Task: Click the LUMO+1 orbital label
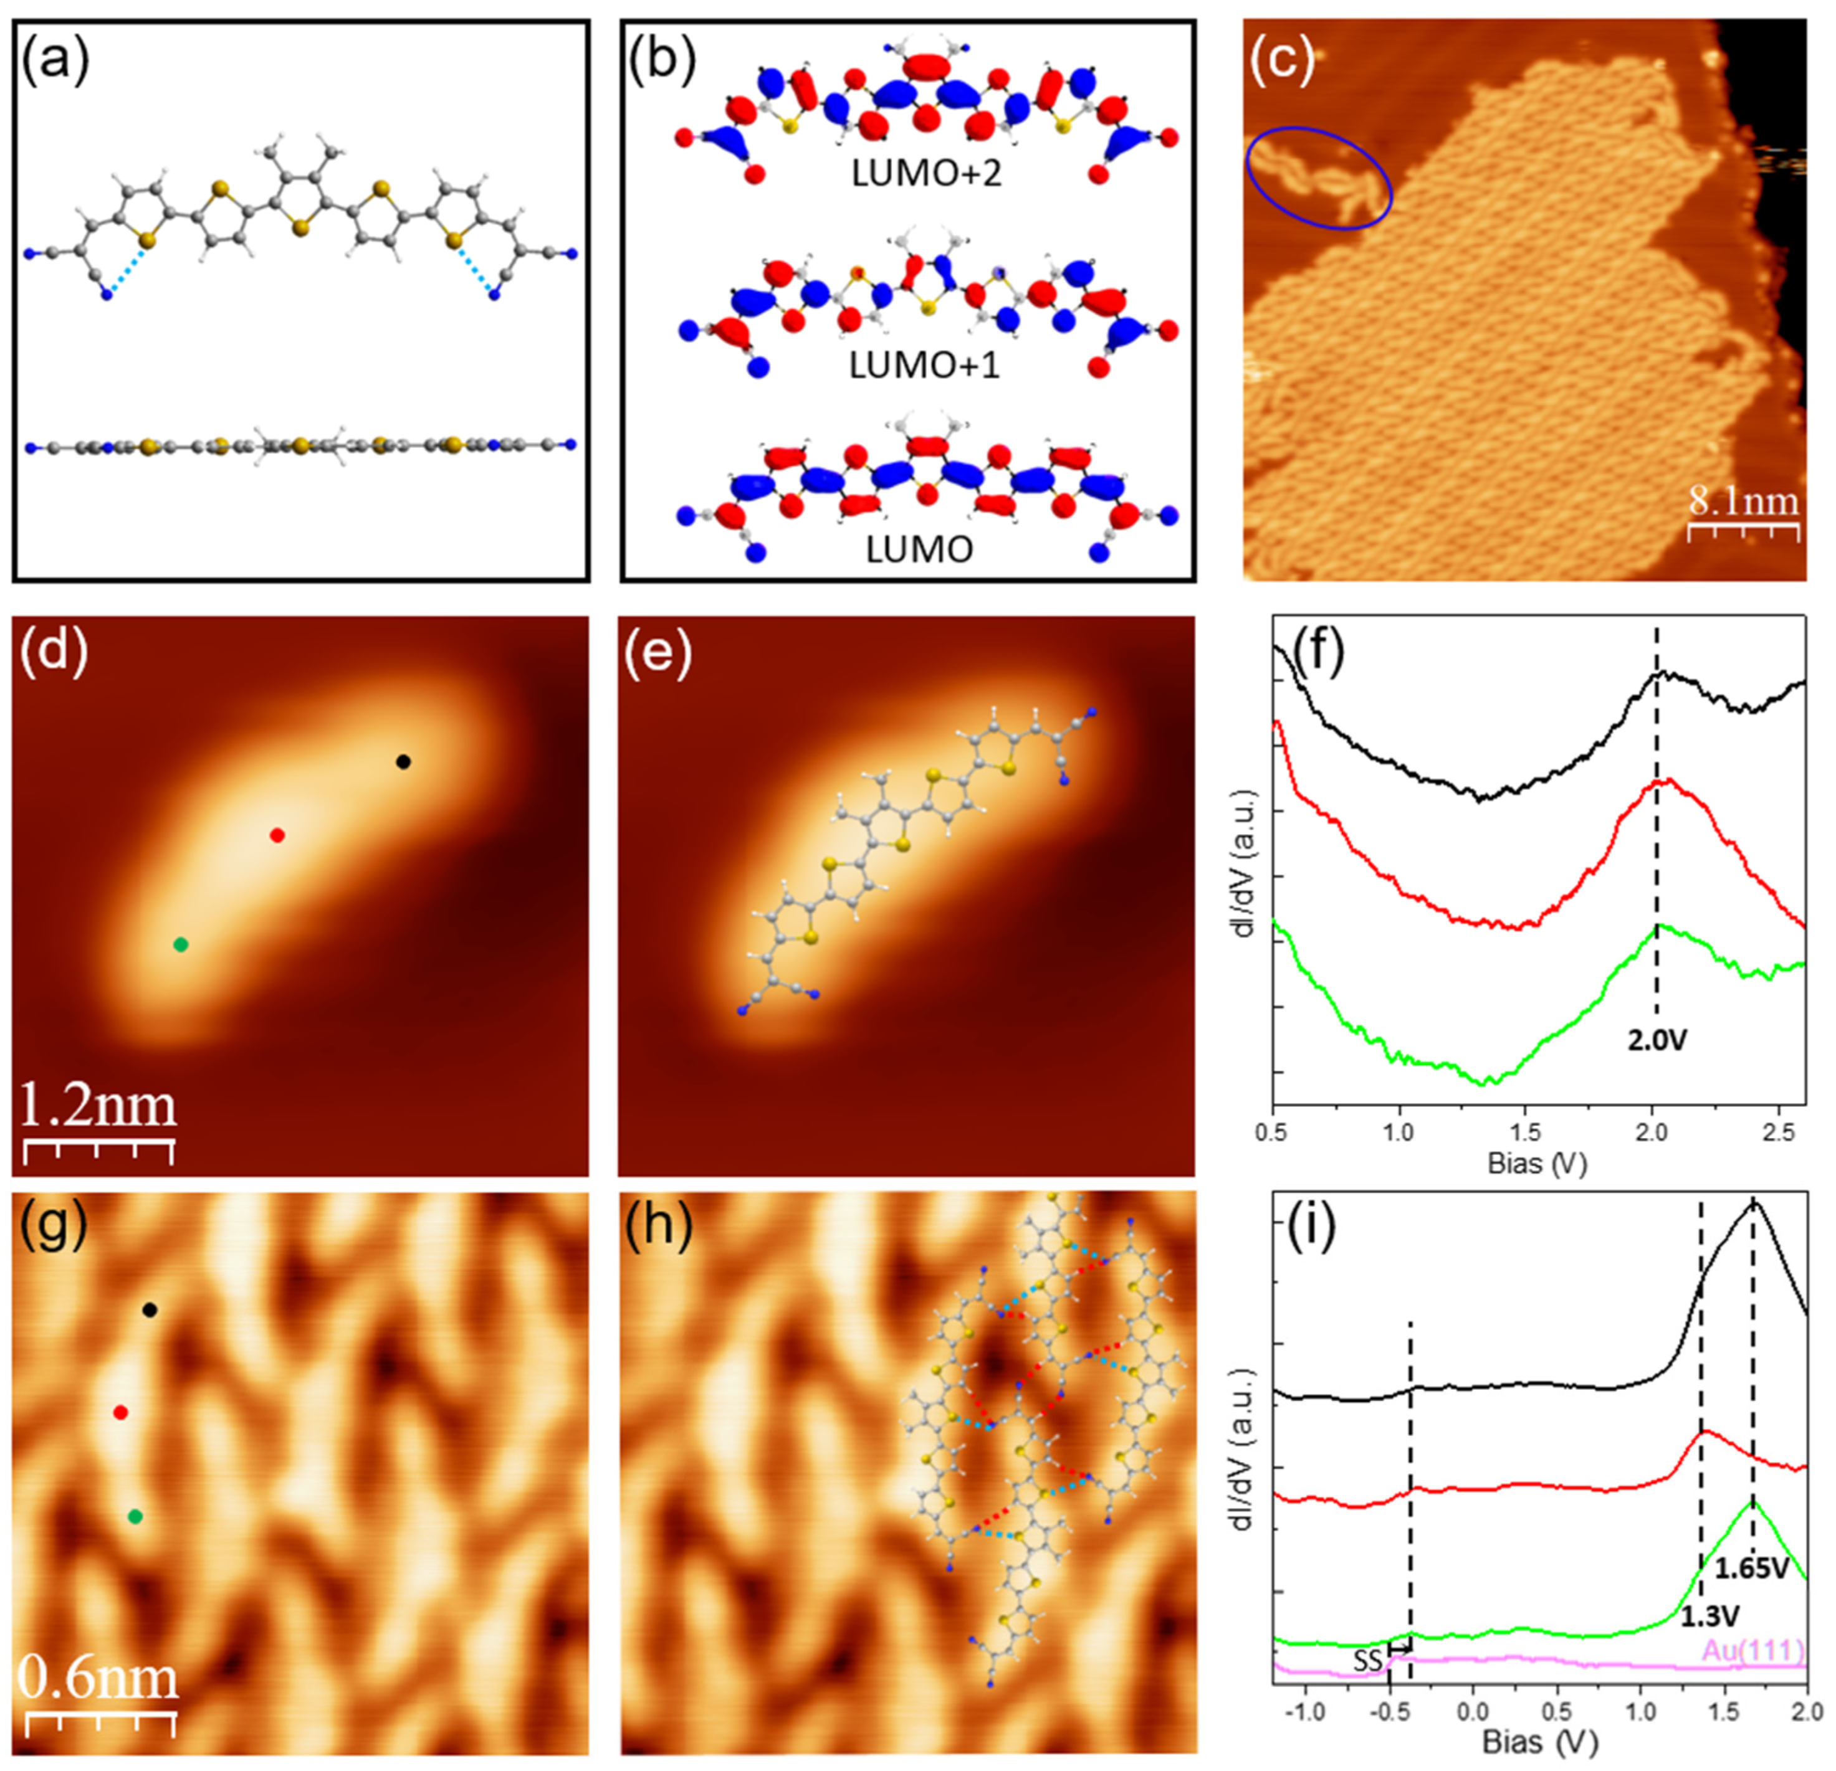click(x=924, y=365)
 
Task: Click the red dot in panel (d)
click(x=276, y=835)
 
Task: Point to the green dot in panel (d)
click(x=181, y=945)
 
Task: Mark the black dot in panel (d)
click(x=403, y=761)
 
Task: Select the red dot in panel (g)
click(x=120, y=1412)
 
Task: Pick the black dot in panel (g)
click(x=149, y=1310)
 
